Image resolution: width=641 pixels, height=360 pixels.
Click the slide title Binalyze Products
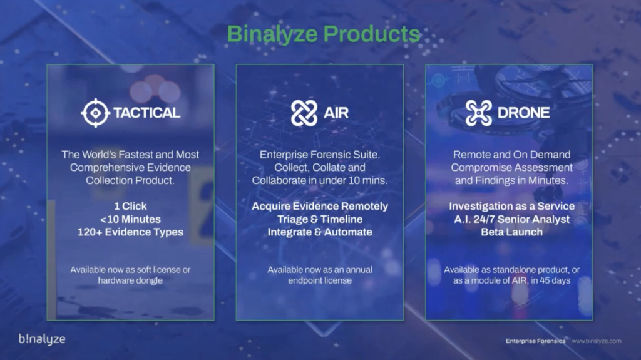point(324,34)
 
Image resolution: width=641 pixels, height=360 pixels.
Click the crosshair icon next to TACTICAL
point(95,113)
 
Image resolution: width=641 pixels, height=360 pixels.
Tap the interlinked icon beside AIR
point(304,113)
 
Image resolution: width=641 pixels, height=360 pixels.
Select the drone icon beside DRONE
point(478,113)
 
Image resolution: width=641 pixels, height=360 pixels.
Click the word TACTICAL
point(146,113)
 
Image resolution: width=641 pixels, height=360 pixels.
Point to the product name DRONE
point(523,113)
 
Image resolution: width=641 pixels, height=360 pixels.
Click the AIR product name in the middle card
point(336,113)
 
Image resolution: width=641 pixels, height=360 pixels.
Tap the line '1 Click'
point(130,206)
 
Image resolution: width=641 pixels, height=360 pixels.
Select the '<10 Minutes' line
point(130,219)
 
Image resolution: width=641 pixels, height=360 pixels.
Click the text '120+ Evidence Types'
point(130,232)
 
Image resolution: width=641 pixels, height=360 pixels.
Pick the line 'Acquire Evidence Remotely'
point(320,206)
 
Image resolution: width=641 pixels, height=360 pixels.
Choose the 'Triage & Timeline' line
point(320,219)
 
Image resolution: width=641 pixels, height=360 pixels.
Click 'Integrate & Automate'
point(320,232)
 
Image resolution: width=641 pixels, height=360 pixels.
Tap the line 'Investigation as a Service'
point(512,206)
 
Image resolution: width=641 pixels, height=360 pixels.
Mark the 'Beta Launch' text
point(512,232)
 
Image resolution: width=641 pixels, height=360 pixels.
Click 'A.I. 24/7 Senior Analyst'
point(512,219)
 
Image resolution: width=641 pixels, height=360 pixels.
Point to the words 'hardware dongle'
point(130,280)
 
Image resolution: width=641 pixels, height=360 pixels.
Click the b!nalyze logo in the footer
point(42,339)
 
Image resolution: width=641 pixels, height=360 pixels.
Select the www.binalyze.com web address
point(597,341)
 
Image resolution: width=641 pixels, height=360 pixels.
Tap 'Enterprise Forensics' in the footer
point(536,341)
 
